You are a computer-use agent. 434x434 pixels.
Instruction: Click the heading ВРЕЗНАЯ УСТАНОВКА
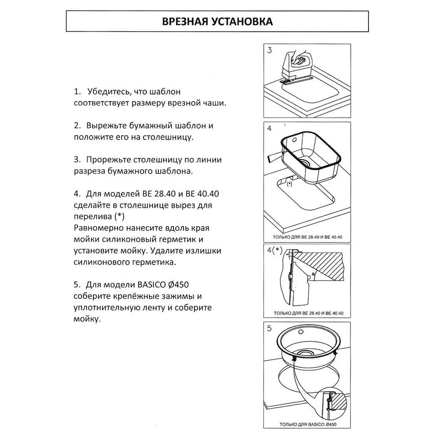point(217,22)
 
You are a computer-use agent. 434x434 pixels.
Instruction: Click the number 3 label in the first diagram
point(270,50)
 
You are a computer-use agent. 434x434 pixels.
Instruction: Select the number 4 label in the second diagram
point(270,128)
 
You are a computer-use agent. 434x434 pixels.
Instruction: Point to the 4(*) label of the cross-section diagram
point(275,250)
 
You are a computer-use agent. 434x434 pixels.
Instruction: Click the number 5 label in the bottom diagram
point(270,329)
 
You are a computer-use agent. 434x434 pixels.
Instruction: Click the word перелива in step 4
point(92,216)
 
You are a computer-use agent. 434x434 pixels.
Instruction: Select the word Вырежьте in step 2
point(107,126)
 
